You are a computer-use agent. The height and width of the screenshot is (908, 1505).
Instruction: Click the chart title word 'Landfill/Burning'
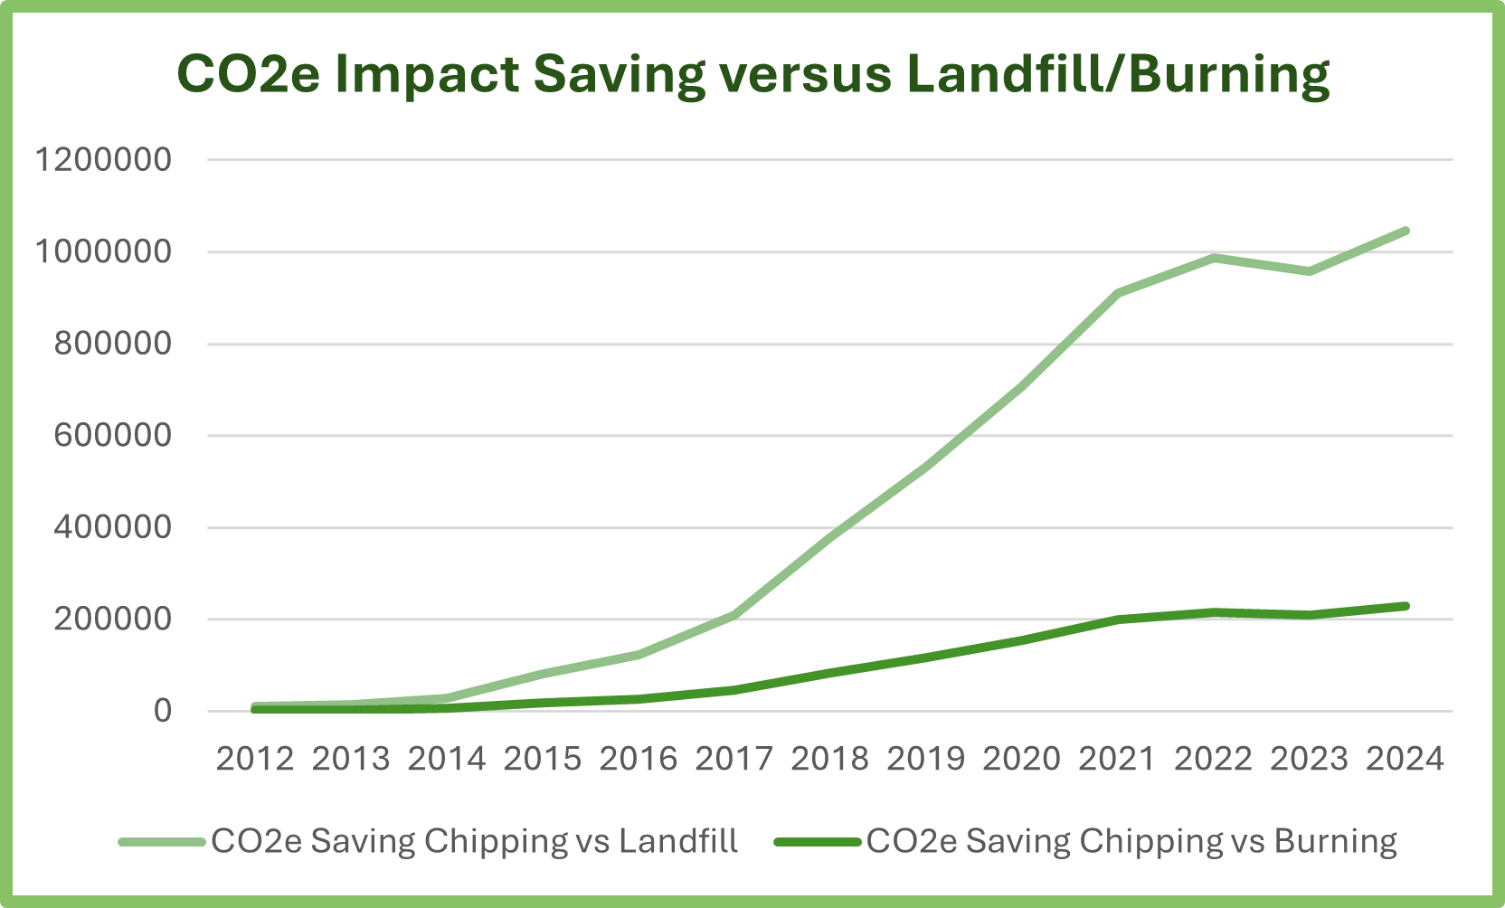(x=1118, y=74)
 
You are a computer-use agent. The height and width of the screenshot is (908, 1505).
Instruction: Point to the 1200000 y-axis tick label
(x=103, y=160)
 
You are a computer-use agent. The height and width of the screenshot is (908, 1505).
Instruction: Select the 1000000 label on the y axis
(x=103, y=251)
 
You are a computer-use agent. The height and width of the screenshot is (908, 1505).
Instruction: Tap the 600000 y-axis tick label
(x=112, y=435)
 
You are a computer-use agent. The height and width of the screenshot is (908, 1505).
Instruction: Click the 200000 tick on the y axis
(x=112, y=619)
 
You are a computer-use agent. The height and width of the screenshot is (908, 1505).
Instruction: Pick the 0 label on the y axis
(x=162, y=711)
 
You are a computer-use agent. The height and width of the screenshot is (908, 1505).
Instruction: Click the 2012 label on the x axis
(x=255, y=759)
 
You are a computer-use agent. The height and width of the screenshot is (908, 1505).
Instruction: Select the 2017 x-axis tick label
(x=734, y=759)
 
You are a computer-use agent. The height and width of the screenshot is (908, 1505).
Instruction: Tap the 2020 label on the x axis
(x=1021, y=759)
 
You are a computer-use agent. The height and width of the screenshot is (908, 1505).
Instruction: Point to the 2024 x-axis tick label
(x=1405, y=759)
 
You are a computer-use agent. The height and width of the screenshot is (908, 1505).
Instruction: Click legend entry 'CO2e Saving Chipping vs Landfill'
(x=475, y=841)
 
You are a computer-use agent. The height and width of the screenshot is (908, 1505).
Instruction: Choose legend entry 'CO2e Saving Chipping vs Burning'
(x=1131, y=841)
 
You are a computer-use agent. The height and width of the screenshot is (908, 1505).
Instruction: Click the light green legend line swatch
(x=163, y=842)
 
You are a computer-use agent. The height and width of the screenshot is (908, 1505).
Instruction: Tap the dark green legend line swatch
(x=818, y=842)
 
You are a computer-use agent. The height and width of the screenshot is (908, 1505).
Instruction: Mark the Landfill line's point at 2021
(x=1118, y=293)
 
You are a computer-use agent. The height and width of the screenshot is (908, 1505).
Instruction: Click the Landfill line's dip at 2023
(x=1310, y=271)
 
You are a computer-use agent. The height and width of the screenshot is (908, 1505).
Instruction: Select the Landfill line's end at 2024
(x=1406, y=231)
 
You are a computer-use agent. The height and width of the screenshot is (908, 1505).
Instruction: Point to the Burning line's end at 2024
(x=1406, y=606)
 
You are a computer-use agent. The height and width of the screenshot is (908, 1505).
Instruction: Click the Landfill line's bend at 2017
(x=734, y=615)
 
